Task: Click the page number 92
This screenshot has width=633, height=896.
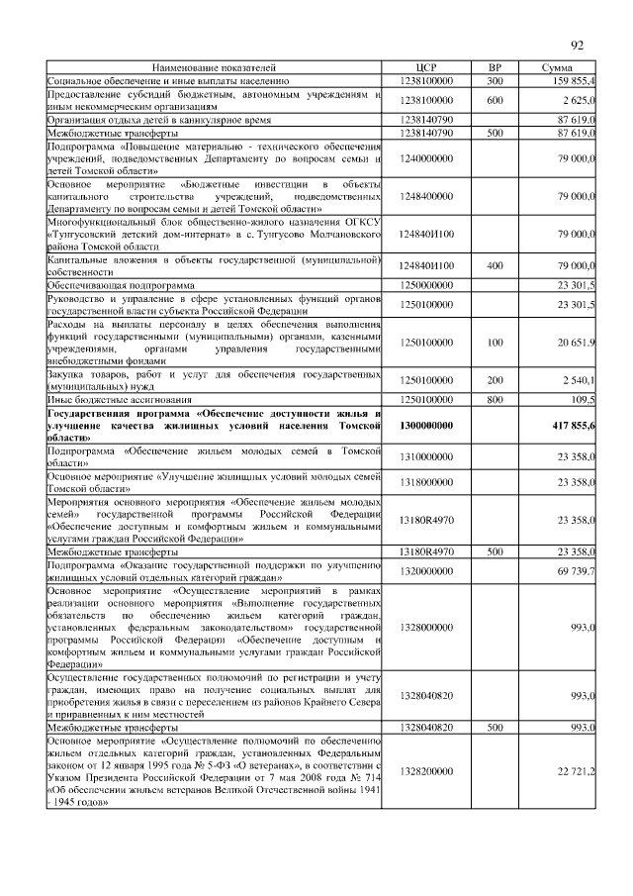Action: tap(578, 45)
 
